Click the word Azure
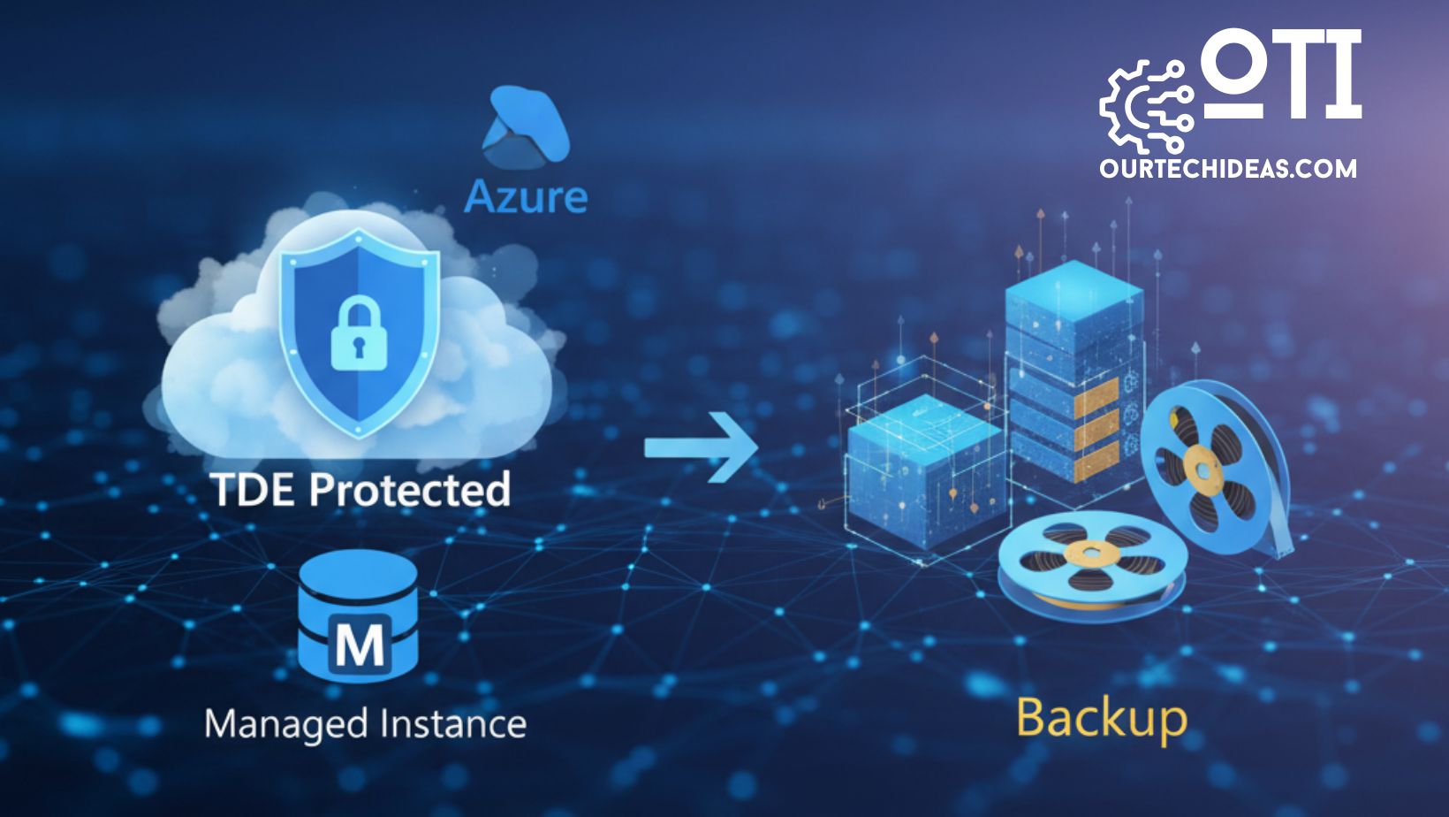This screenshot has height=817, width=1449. click(526, 196)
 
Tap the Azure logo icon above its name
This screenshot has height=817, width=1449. click(525, 126)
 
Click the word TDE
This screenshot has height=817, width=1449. click(254, 489)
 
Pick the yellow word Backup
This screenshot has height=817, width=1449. click(1101, 718)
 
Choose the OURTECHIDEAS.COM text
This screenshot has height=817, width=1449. click(1228, 168)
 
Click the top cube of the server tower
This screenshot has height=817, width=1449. click(1073, 305)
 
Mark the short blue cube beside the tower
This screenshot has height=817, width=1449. click(924, 477)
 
